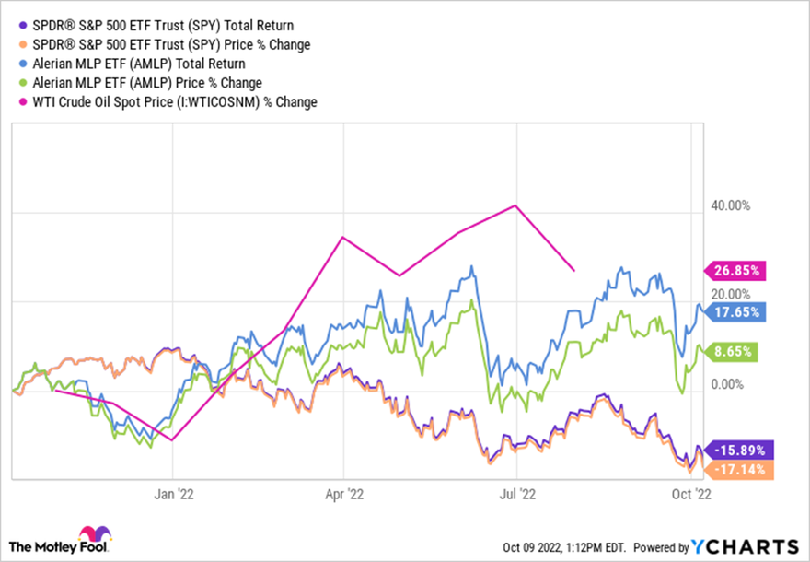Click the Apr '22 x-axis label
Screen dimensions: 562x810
pyautogui.click(x=342, y=493)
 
